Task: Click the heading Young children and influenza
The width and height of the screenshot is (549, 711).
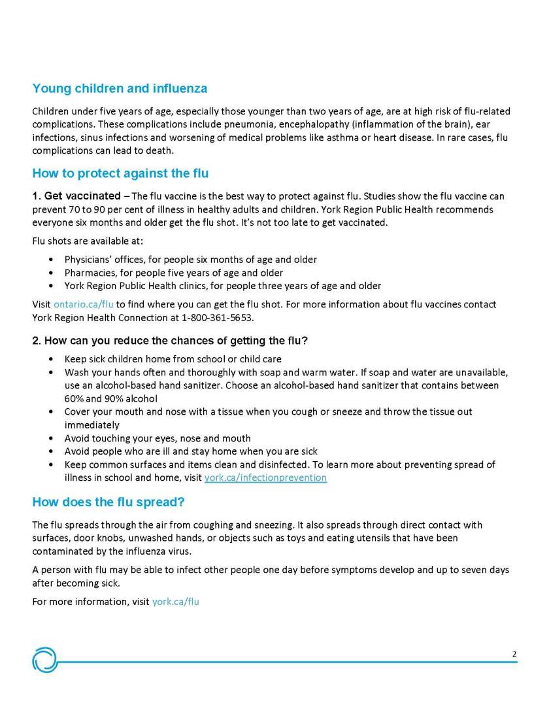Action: [120, 88]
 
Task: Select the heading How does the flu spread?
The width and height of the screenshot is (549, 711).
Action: [108, 502]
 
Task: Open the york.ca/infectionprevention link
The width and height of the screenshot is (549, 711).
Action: [265, 477]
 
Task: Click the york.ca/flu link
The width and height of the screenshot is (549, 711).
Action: [175, 601]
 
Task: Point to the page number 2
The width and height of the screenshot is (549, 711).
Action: [514, 653]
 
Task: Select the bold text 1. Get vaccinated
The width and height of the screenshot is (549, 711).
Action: [76, 196]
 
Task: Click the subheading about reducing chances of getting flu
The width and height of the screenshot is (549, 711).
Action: [170, 341]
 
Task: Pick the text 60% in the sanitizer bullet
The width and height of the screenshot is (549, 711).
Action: [73, 398]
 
